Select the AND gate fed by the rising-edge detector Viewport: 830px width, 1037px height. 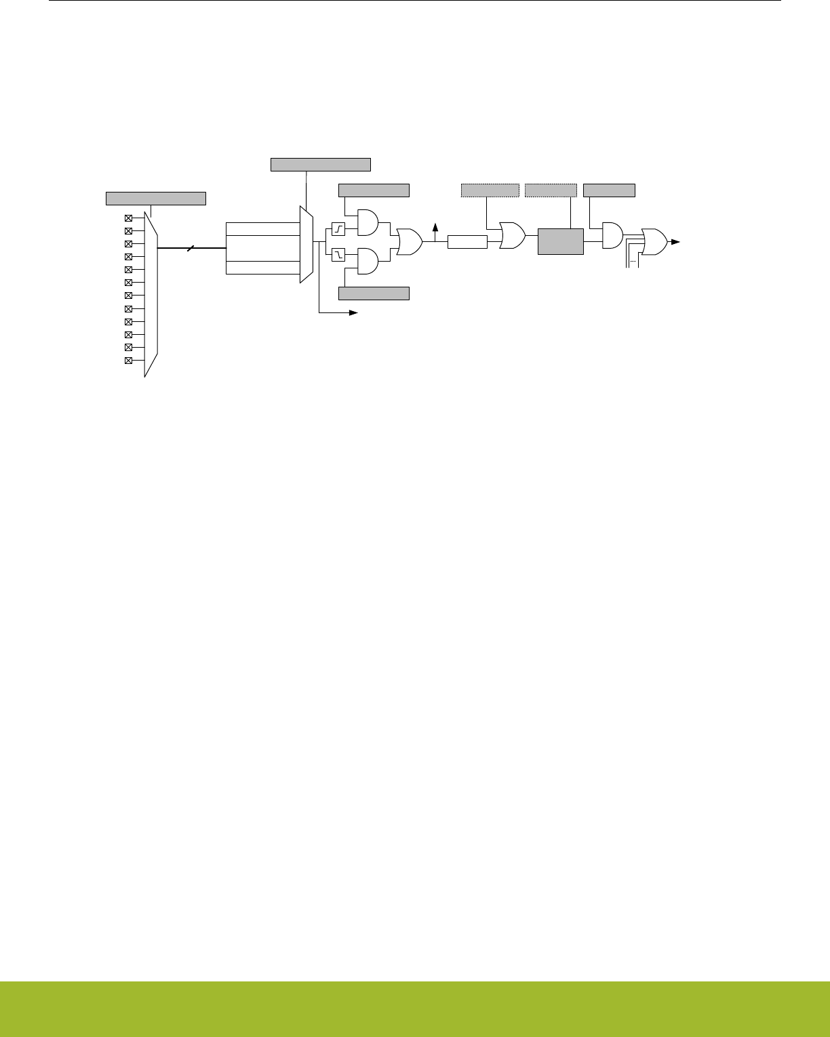[367, 222]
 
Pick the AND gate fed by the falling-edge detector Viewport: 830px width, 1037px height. [367, 261]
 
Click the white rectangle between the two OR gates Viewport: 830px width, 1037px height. [467, 242]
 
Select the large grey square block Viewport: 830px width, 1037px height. [560, 241]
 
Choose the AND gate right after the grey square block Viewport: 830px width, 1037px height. [612, 235]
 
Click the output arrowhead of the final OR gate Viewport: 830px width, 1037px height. [676, 241]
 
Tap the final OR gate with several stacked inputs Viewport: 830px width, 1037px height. [653, 242]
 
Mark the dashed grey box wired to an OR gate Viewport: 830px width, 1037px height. [490, 190]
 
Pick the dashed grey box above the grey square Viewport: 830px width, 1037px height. [551, 190]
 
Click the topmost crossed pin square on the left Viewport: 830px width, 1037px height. [128, 218]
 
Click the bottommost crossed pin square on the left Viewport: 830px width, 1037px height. [128, 361]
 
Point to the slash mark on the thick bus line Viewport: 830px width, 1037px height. [192, 248]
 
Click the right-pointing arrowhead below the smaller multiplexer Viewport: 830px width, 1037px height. [353, 312]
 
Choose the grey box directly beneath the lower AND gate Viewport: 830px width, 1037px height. [374, 293]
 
